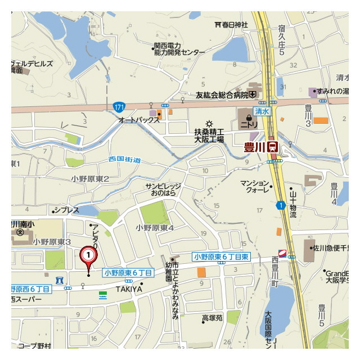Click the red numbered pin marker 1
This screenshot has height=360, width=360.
tap(88, 255)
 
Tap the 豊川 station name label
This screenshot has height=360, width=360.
tap(255, 147)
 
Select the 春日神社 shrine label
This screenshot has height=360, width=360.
tap(234, 25)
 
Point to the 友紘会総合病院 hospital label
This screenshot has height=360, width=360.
tap(222, 94)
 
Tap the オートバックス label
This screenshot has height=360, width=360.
tap(137, 120)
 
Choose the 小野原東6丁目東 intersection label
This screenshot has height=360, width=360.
tap(221, 256)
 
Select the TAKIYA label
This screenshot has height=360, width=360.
tap(129, 289)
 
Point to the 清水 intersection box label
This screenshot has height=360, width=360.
tap(262, 112)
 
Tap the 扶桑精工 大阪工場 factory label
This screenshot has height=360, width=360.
tap(209, 135)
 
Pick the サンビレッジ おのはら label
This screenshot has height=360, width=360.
tap(164, 189)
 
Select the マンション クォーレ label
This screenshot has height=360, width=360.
tap(255, 186)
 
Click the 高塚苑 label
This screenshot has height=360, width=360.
tap(213, 318)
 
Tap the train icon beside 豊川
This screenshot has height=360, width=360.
tap(273, 147)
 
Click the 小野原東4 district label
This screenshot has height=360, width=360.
tap(155, 228)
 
